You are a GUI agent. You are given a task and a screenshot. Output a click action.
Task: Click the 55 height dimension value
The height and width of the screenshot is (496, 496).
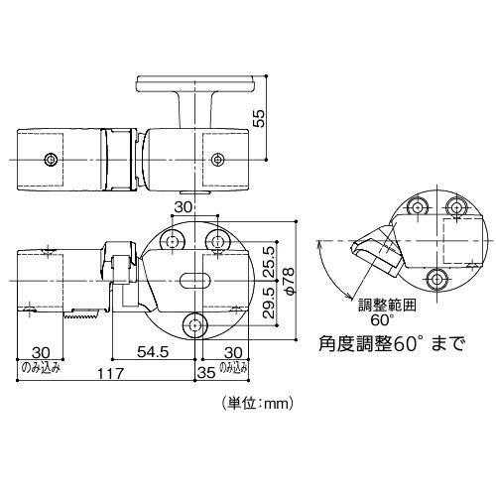coord(259,117)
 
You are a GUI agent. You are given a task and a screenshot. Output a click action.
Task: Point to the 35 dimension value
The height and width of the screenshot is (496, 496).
coord(206,375)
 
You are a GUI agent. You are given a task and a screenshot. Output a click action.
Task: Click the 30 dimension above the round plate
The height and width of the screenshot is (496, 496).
coord(182,206)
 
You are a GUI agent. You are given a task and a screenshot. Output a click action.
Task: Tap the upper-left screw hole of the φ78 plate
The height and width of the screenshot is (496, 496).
coord(175,241)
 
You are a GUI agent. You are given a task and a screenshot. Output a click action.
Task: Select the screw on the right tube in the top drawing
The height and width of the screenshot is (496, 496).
coord(217,157)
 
